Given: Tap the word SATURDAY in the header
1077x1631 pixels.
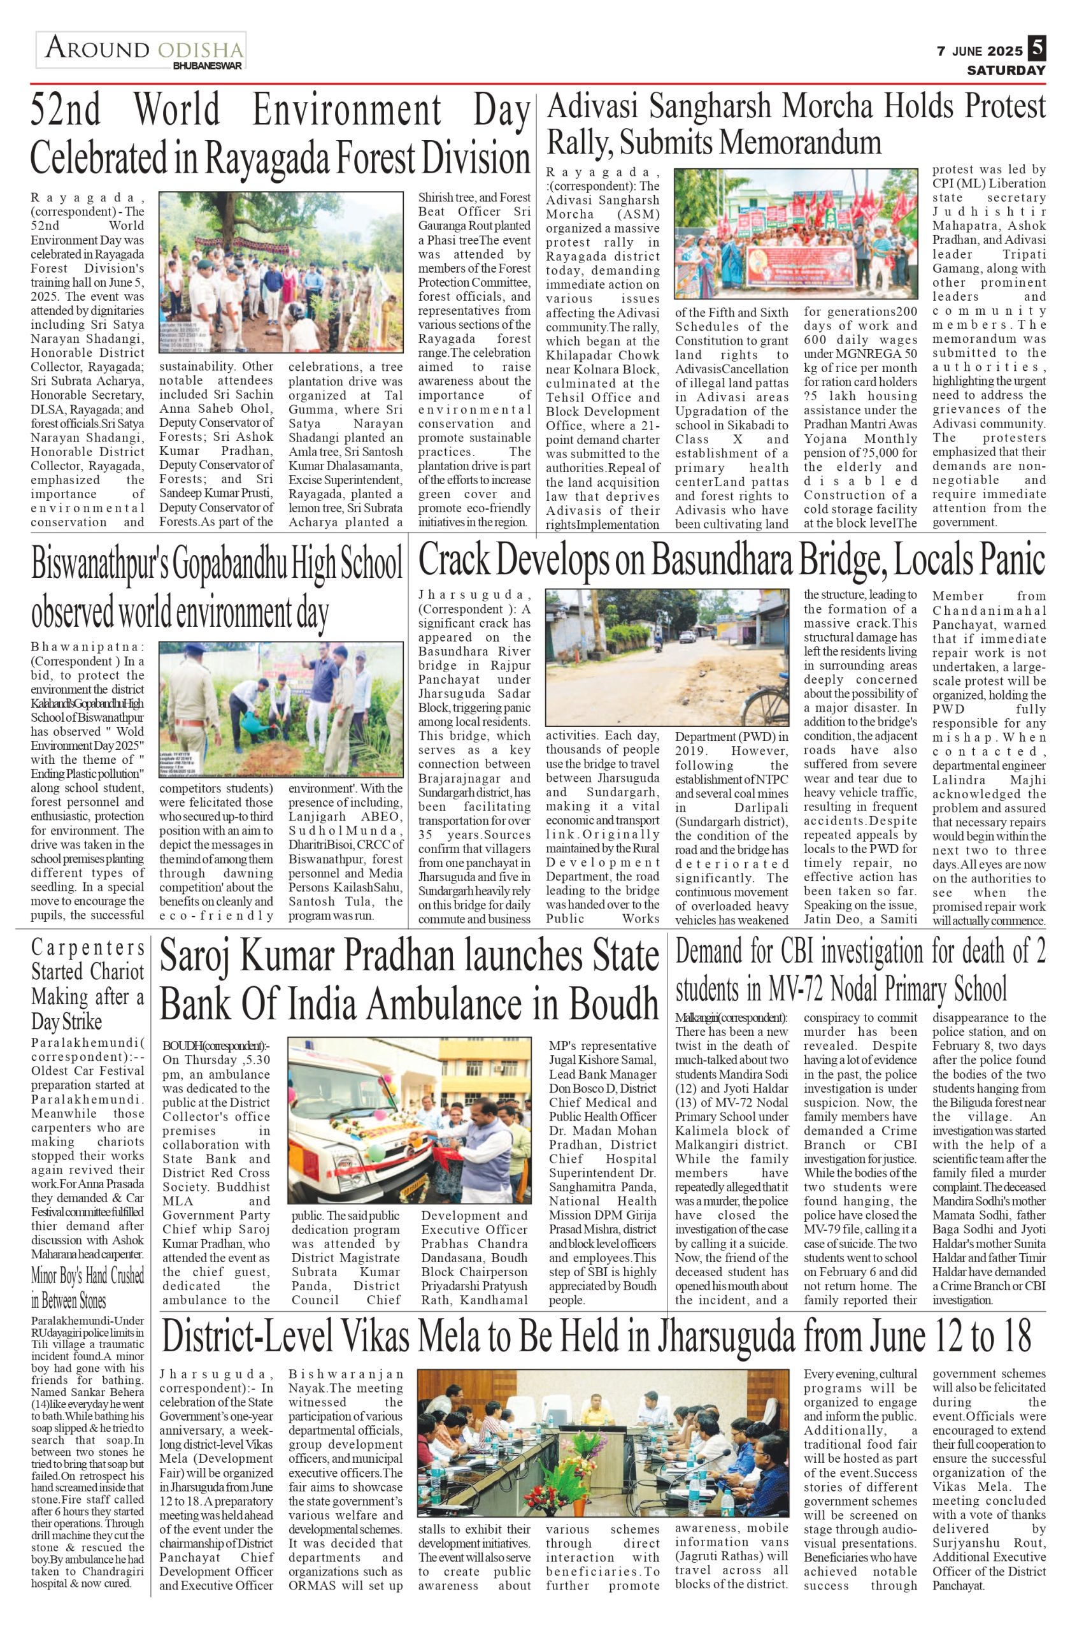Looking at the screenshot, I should point(1006,70).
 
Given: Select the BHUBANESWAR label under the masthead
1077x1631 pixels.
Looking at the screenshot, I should point(208,66).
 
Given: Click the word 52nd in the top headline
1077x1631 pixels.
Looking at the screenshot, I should point(66,110).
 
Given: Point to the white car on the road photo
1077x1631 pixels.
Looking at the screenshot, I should point(687,635).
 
